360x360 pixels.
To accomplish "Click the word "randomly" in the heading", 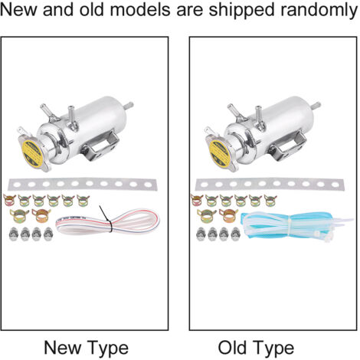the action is [x=319, y=10].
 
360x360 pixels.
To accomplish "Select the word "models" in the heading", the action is [x=139, y=10].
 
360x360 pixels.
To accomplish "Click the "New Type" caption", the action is [x=86, y=349].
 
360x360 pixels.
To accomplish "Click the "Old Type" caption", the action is [x=256, y=349].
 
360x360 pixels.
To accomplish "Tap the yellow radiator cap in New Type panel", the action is [x=33, y=153].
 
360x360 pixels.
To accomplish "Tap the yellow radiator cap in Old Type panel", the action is [x=220, y=153].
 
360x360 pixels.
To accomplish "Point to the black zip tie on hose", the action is [x=107, y=220].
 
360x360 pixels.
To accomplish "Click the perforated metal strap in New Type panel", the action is [x=82, y=184].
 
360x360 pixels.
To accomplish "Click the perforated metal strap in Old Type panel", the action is [x=270, y=184].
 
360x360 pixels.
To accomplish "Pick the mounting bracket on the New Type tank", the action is [x=100, y=146].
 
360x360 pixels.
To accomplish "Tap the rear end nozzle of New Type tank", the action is [x=128, y=106].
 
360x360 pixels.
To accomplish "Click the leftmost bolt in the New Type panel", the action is [x=13, y=234].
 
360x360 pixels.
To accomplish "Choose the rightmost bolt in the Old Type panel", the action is [x=235, y=234].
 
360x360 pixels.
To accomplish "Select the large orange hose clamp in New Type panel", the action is [x=41, y=215].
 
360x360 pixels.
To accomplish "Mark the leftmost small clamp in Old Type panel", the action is [x=197, y=200].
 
